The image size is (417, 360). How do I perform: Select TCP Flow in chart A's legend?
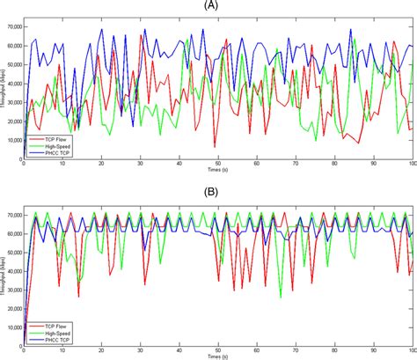(x=52, y=139)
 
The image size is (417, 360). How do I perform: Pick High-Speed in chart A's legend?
(x=52, y=146)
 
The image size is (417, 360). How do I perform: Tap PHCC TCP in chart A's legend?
(x=52, y=153)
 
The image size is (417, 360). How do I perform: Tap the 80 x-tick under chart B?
(x=334, y=349)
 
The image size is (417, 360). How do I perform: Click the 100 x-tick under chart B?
(x=411, y=349)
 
